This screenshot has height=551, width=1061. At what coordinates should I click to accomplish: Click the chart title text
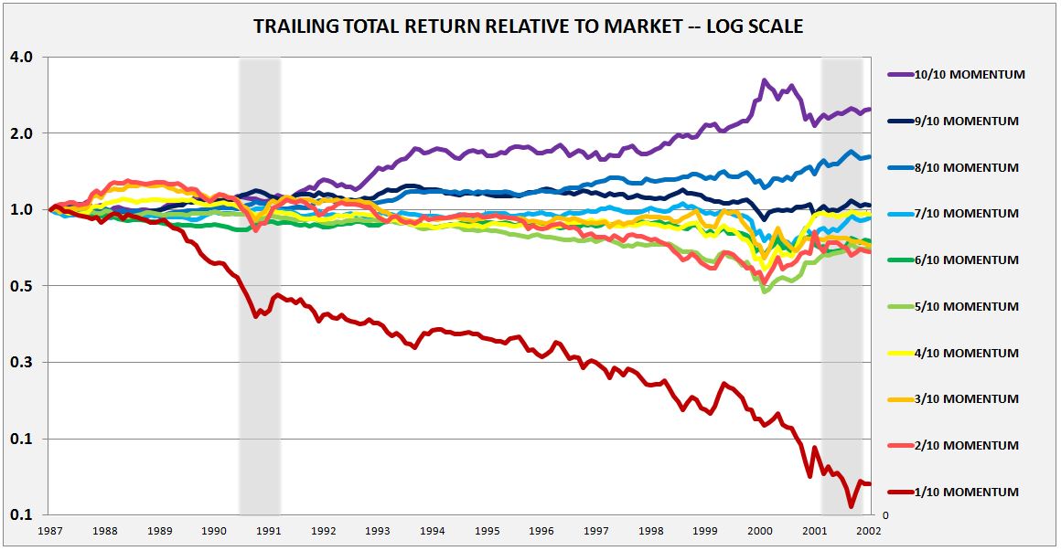tap(528, 26)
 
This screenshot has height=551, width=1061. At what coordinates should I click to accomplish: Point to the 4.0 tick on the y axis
tap(22, 57)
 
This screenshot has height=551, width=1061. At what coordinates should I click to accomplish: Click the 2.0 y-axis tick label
tap(22, 133)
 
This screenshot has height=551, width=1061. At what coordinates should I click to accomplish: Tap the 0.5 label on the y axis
tap(22, 286)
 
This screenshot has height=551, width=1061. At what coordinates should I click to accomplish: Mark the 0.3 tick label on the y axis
tap(22, 363)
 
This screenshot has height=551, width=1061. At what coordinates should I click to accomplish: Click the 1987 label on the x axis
tap(51, 531)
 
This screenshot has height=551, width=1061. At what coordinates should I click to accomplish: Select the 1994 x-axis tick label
tap(433, 531)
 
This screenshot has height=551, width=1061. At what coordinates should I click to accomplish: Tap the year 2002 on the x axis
tap(869, 531)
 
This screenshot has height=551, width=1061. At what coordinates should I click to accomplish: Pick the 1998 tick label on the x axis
tap(651, 531)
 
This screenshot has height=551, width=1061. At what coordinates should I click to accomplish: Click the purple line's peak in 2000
tap(764, 80)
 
